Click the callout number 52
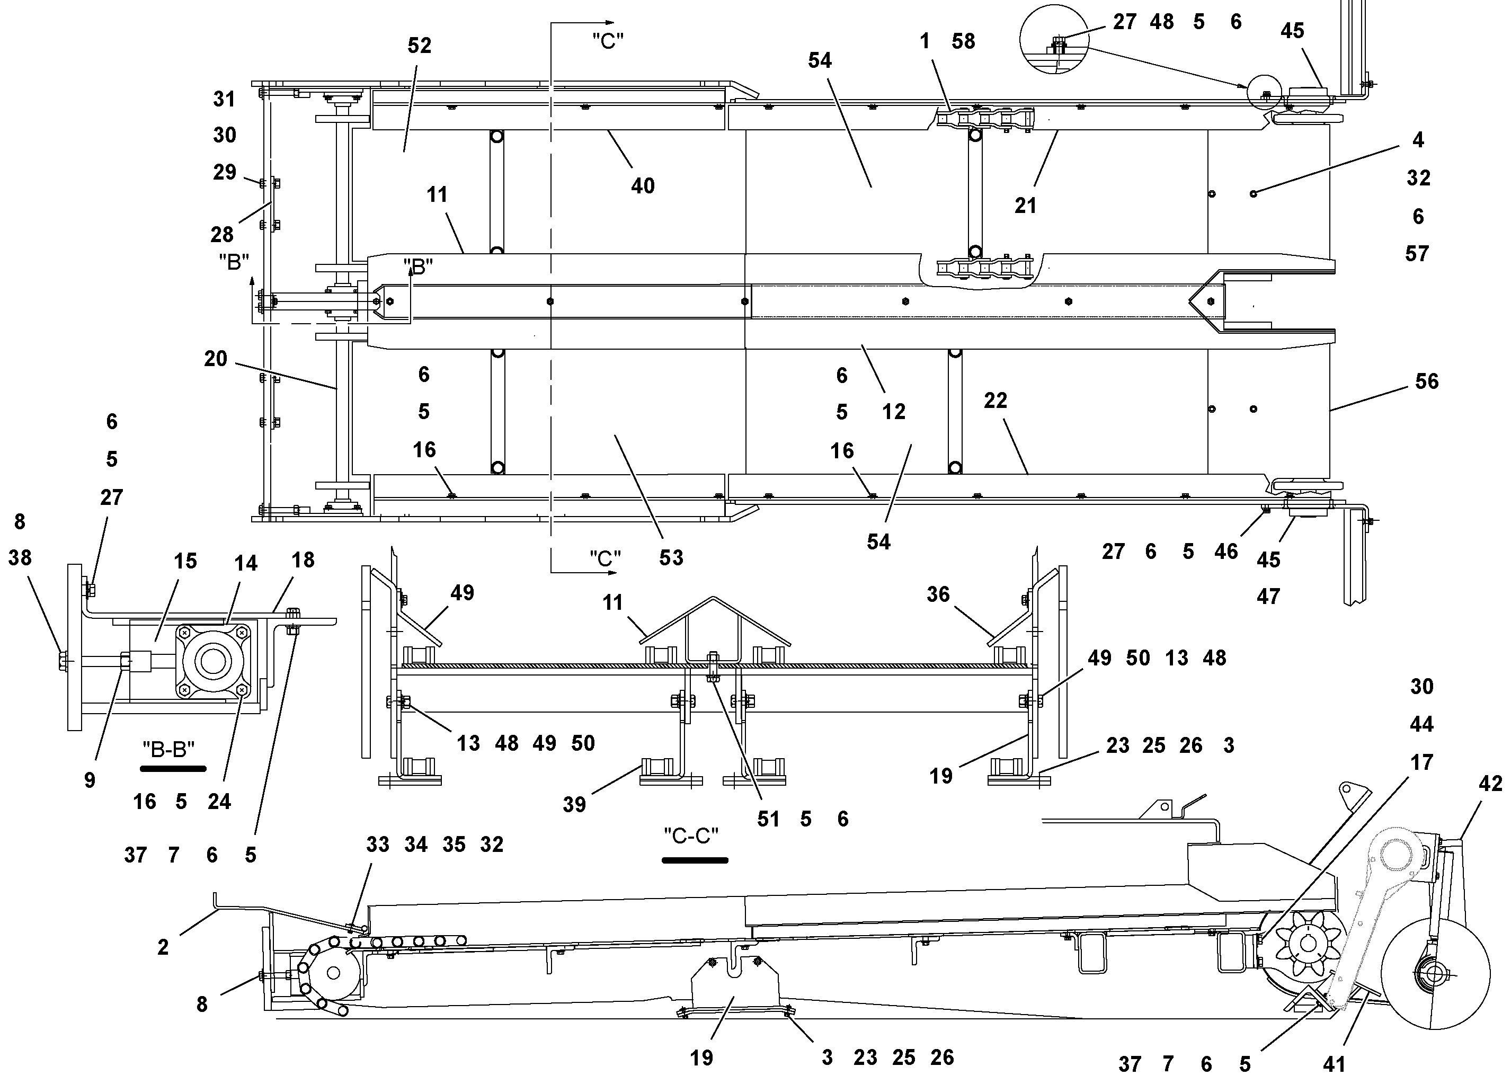click(419, 46)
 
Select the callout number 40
click(642, 186)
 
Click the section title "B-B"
click(169, 750)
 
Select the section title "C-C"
click(691, 836)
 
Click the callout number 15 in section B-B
click(185, 561)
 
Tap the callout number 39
click(574, 804)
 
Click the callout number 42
click(1491, 784)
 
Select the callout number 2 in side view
click(163, 947)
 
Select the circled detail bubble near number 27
click(1054, 39)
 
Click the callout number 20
click(215, 359)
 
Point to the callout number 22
click(996, 401)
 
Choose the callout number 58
click(963, 41)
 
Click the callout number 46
click(1226, 551)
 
